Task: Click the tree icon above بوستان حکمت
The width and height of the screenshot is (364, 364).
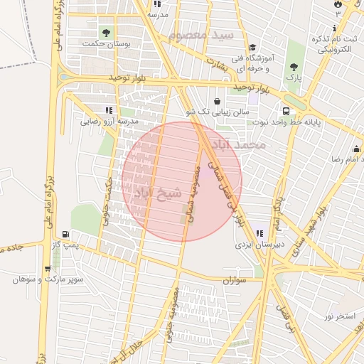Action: coord(107,32)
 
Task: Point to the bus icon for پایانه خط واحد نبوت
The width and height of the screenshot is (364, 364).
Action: coord(286,111)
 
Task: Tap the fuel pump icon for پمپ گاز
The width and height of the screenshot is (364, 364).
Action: coord(66,233)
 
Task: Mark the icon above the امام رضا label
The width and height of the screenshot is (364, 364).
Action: coord(357,149)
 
